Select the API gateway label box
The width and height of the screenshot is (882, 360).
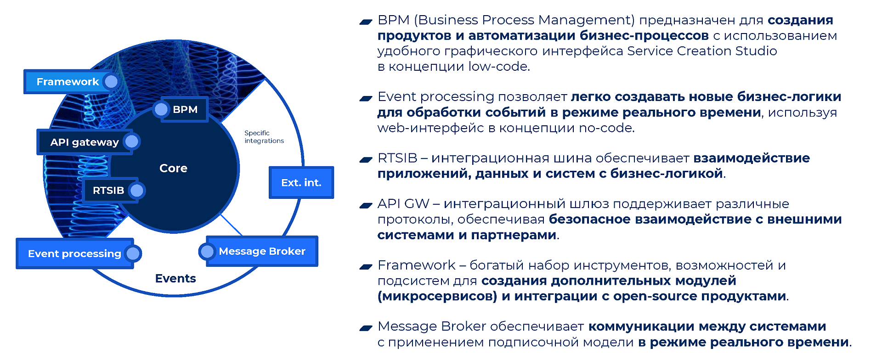(x=85, y=142)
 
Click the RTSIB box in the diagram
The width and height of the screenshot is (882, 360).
(x=110, y=190)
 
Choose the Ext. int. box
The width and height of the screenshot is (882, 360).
(x=301, y=182)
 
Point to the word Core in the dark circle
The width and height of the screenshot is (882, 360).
(x=173, y=168)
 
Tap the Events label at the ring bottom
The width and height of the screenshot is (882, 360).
(x=175, y=278)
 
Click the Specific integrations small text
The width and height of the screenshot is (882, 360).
(x=264, y=137)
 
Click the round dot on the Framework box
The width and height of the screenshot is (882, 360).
(x=111, y=82)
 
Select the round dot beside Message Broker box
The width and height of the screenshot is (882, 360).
(x=207, y=251)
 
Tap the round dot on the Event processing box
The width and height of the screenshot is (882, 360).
(x=133, y=253)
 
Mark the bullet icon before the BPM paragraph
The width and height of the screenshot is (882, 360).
(x=366, y=21)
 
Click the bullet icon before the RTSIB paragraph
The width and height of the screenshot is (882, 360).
(x=366, y=159)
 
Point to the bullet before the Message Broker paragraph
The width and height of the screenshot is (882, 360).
(x=366, y=328)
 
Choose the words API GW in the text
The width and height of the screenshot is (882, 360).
(x=403, y=203)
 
